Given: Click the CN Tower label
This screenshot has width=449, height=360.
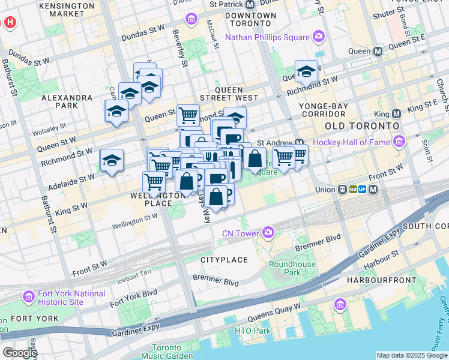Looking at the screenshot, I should click(x=240, y=233).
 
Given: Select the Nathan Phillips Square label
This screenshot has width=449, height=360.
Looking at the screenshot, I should click(x=267, y=38).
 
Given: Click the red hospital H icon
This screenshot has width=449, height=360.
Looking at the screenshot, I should click(x=10, y=23).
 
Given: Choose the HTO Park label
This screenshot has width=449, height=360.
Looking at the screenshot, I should click(x=253, y=331).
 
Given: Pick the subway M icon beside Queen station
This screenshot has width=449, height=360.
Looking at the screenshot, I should click(x=378, y=52).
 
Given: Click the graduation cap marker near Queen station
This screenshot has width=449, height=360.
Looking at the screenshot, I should click(x=306, y=72).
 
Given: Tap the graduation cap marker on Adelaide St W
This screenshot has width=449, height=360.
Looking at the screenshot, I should click(x=112, y=160).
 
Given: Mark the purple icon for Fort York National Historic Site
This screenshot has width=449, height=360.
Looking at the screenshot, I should click(x=28, y=297).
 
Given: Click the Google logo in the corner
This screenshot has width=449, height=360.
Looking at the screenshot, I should click(x=19, y=353).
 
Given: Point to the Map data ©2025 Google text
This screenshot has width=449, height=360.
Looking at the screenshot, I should click(x=412, y=355).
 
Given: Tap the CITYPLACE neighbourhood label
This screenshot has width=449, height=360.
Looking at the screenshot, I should click(x=224, y=260).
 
